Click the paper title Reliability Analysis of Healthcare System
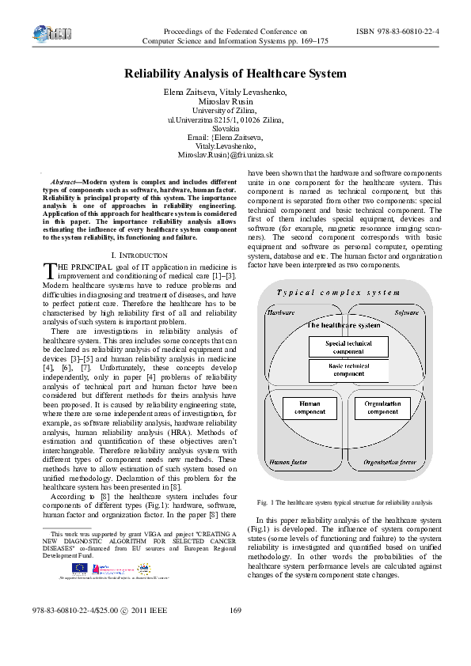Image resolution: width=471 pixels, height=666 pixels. pyautogui.click(x=235, y=74)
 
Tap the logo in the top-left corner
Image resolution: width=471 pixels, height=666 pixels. pyautogui.click(x=48, y=34)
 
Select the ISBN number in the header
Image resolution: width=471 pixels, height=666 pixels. pyautogui.click(x=398, y=31)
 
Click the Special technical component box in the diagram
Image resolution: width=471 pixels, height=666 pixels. pyautogui.click(x=349, y=347)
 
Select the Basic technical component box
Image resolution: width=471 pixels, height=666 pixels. pyautogui.click(x=349, y=370)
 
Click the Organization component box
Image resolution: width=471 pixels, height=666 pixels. pyautogui.click(x=382, y=408)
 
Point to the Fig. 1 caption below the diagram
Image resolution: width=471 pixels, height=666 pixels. pyautogui.click(x=345, y=502)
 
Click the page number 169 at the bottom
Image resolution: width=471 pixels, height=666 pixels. pyautogui.click(x=234, y=632)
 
